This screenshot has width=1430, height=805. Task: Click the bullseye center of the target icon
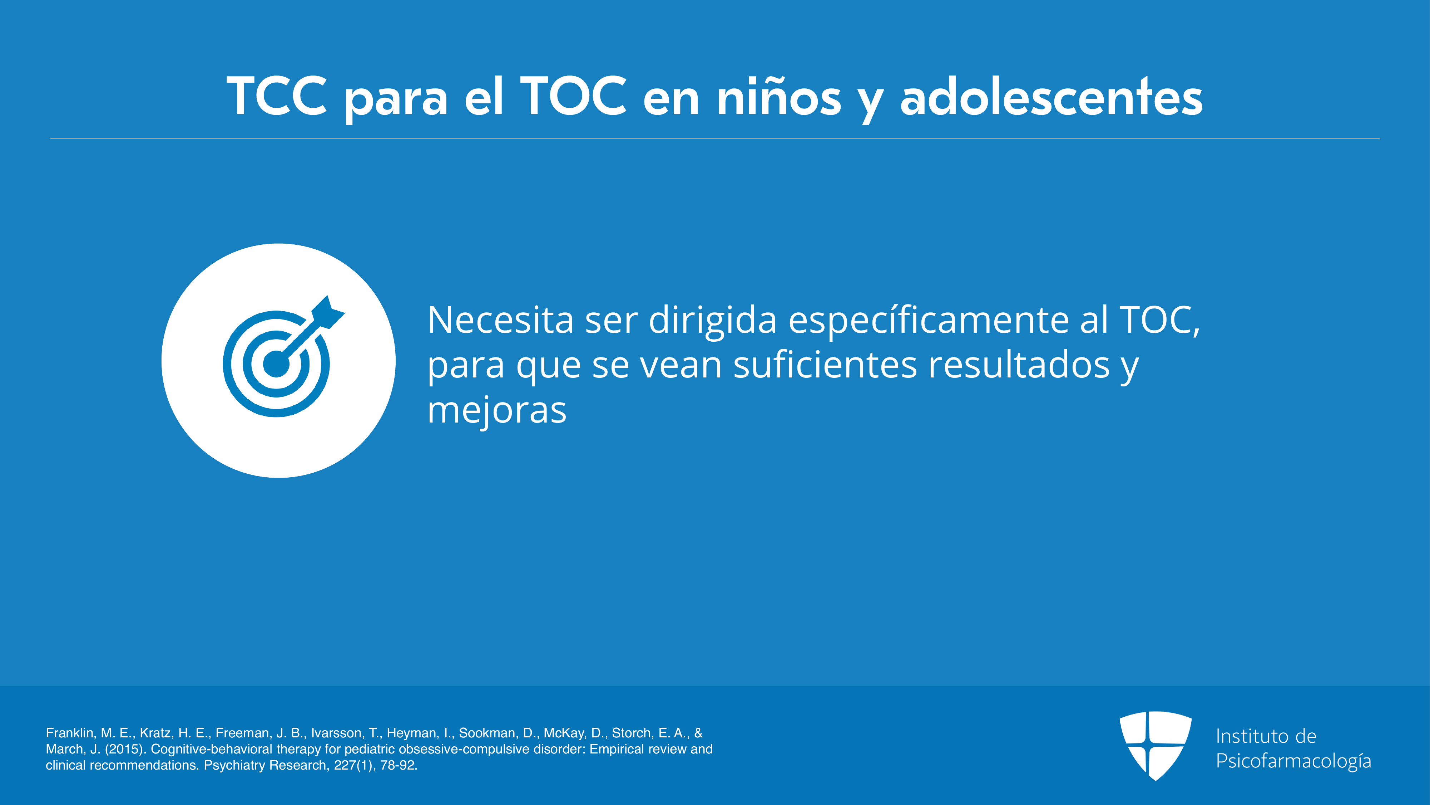pos(276,364)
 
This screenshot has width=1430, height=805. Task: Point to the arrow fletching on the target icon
pos(328,312)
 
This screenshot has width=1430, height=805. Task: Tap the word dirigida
pos(713,322)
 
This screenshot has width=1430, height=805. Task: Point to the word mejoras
pos(497,412)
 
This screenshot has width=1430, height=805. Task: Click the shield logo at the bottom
pos(1155,746)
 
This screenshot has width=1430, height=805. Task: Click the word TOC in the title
pos(573,96)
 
